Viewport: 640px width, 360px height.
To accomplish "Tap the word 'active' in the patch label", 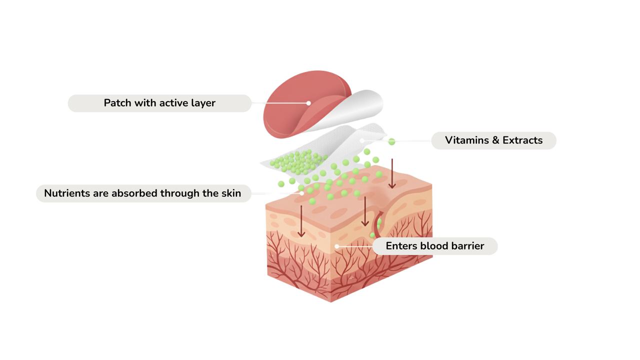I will pos(174,103).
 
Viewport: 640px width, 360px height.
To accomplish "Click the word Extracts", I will pos(522,140).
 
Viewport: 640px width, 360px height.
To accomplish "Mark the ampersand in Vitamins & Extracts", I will pos(496,140).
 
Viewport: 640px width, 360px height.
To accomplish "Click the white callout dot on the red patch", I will pos(308,103).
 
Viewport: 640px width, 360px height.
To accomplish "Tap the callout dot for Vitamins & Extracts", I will pos(361,140).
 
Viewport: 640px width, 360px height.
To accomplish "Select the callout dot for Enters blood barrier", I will pos(337,246).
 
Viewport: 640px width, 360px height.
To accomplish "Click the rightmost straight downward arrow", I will pos(392,172).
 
